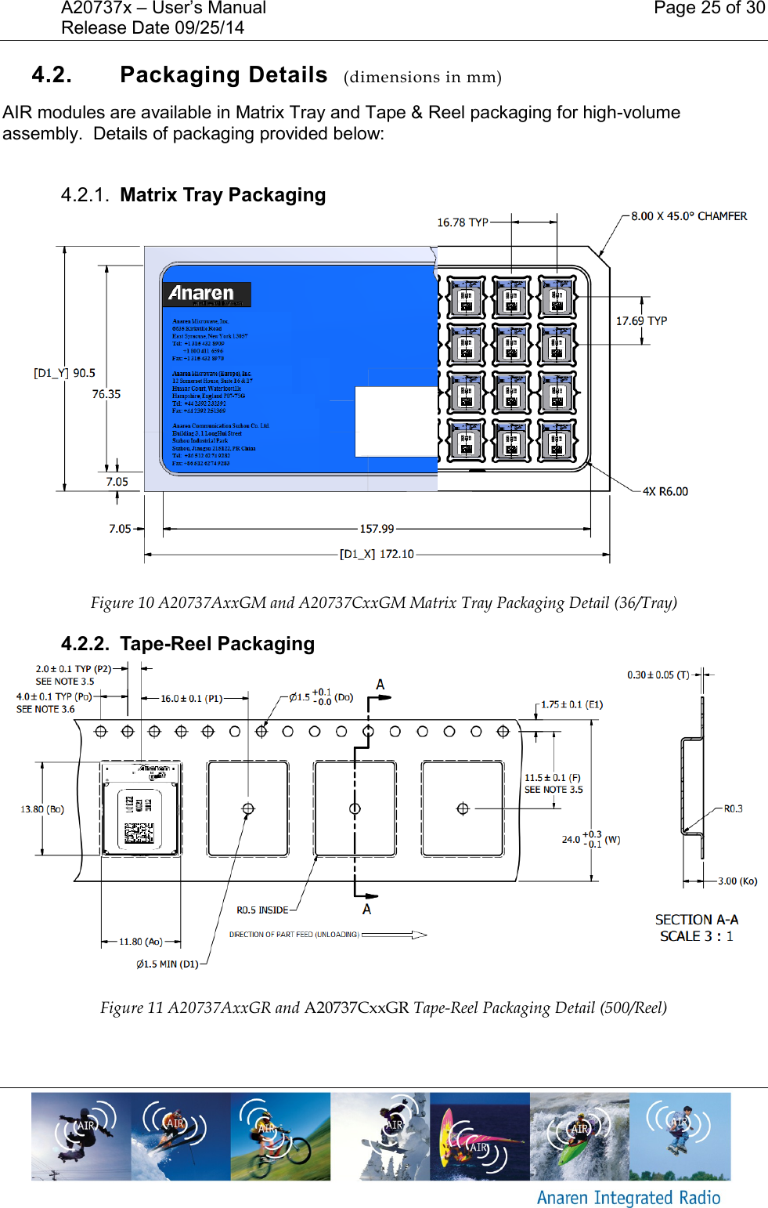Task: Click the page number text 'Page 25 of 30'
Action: tap(709, 9)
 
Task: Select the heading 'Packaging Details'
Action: tap(223, 75)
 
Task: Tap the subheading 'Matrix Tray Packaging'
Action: tap(222, 195)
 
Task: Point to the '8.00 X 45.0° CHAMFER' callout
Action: tap(689, 216)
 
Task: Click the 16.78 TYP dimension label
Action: tap(462, 222)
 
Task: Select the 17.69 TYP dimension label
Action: tap(641, 321)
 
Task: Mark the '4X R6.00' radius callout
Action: tap(665, 492)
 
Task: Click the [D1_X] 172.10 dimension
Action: tap(377, 554)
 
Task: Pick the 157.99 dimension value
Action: tap(377, 529)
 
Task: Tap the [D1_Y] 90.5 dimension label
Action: tap(64, 373)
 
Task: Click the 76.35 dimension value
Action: tap(106, 394)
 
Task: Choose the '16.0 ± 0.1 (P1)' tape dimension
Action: tap(192, 698)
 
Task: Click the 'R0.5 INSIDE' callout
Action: tap(262, 910)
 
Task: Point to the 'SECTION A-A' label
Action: tap(696, 920)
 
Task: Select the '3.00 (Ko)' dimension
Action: tap(737, 881)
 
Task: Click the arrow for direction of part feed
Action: tap(395, 935)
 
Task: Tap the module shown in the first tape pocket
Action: tap(141, 808)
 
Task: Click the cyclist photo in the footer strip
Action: tap(279, 1137)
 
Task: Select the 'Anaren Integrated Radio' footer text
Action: tap(628, 1198)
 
